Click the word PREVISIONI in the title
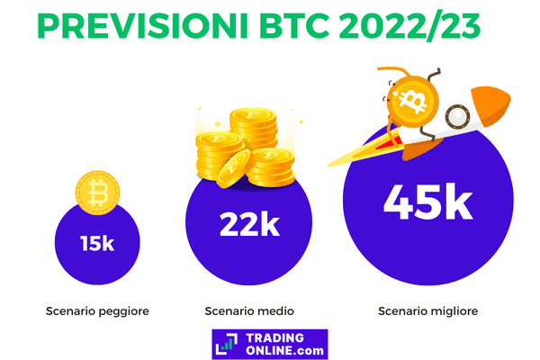(x=142, y=26)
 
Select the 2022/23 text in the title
(x=409, y=27)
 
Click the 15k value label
(x=97, y=244)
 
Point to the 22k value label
(x=249, y=225)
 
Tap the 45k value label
(x=428, y=202)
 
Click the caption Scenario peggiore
(x=97, y=311)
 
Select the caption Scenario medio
(x=249, y=311)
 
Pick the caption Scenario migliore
(x=428, y=311)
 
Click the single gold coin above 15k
(x=97, y=193)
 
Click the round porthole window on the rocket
(x=457, y=116)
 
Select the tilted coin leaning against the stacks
(x=233, y=168)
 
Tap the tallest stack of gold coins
(x=253, y=127)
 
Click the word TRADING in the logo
(x=275, y=338)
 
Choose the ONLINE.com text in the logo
(x=284, y=350)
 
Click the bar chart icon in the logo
(x=226, y=346)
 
